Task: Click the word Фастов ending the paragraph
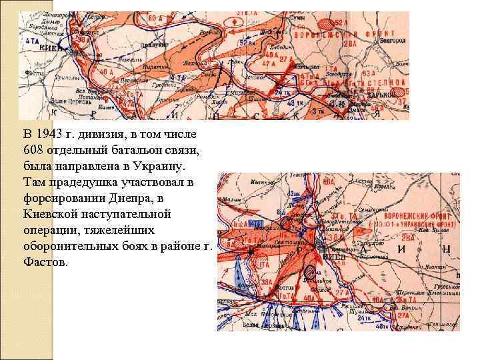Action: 44,263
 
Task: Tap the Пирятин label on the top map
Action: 152,67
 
